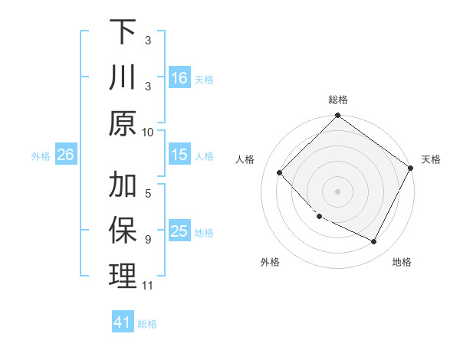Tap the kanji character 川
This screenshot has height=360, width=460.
pos(123,77)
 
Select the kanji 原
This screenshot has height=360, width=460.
pos(123,123)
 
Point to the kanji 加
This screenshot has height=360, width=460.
pos(123,185)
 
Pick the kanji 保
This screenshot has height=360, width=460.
pos(123,231)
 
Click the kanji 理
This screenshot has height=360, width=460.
pos(123,277)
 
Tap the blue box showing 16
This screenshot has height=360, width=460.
pos(179,77)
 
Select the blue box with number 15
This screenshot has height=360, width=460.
pos(179,155)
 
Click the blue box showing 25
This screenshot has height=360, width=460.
pos(179,231)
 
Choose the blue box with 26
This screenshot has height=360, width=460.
pos(65,155)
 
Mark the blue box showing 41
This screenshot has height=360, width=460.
pos(123,322)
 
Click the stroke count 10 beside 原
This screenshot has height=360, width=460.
pos(148,132)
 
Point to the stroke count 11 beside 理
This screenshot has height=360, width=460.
pos(148,286)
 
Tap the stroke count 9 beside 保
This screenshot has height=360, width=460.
pos(148,239)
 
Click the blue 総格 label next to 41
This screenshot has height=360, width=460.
pos(147,324)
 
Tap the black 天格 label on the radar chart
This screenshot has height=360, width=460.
pos(431,159)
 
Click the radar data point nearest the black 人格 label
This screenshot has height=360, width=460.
pos(280,172)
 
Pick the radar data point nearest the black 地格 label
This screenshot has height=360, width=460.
pos(374,242)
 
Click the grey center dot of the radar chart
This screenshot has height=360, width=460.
pos(337,191)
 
